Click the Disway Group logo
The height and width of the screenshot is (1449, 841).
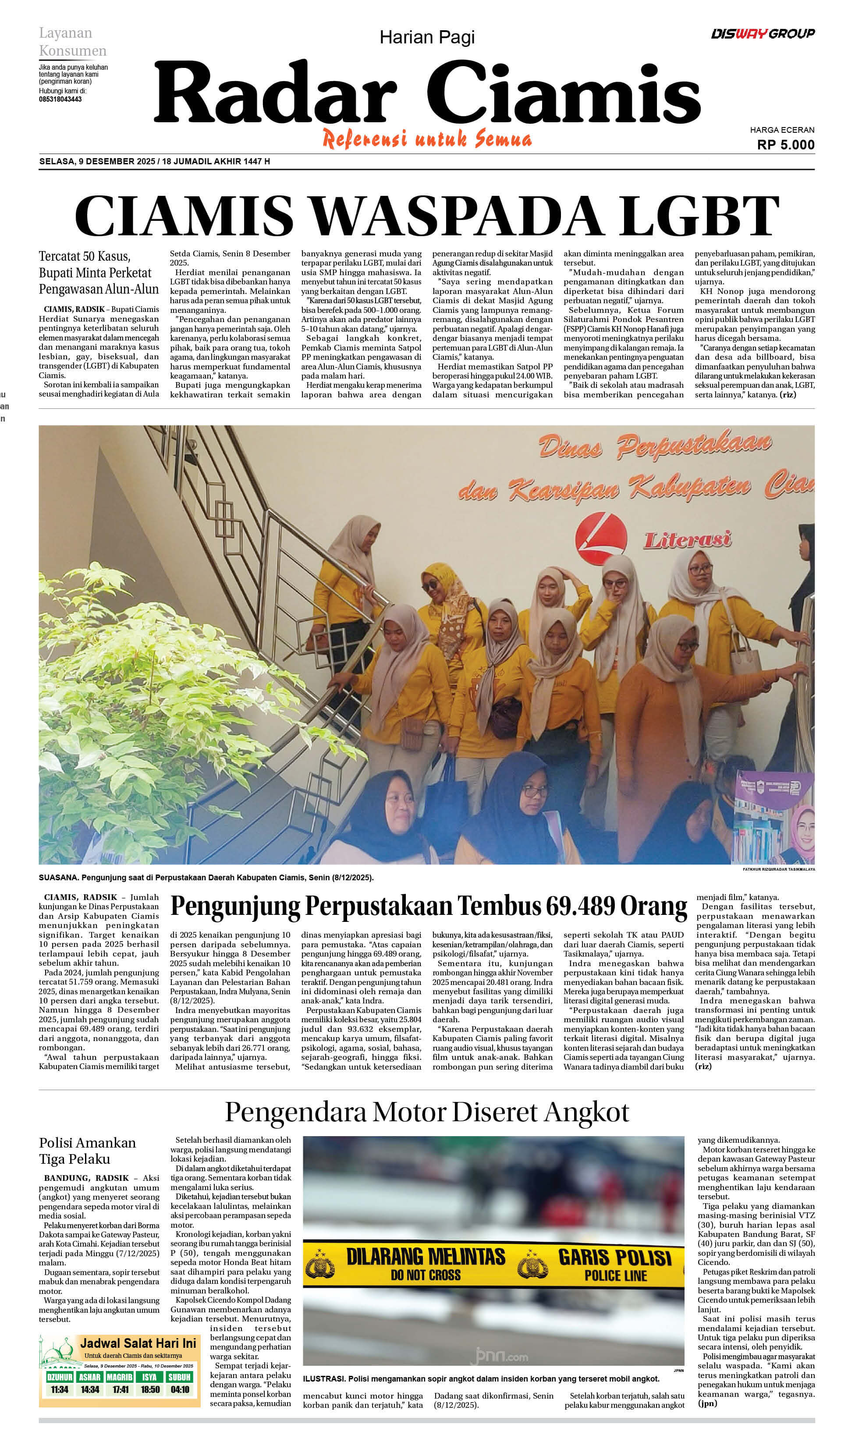(x=762, y=33)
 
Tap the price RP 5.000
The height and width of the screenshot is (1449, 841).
(x=785, y=144)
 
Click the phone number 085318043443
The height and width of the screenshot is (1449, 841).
(x=60, y=99)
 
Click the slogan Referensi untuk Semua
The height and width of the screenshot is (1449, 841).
(x=426, y=140)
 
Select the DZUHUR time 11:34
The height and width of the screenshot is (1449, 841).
(x=59, y=1390)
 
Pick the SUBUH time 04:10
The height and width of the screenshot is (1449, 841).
(x=180, y=1390)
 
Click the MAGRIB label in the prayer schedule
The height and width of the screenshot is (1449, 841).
(x=120, y=1377)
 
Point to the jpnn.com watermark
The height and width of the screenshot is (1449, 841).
(x=499, y=1356)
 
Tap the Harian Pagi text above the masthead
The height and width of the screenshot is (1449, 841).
(x=426, y=37)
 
